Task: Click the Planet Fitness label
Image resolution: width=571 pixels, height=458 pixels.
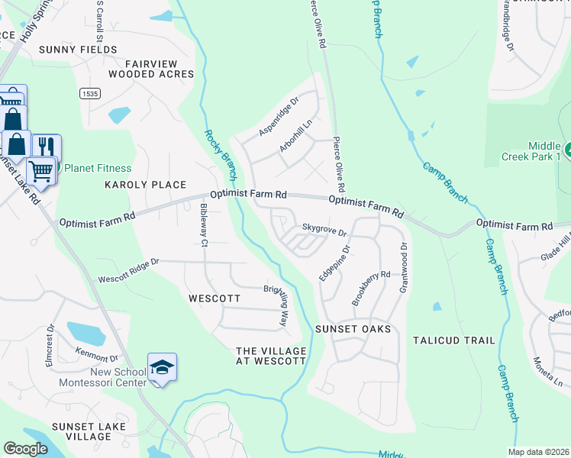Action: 97,168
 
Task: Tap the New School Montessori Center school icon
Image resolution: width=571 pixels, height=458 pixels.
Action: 162,367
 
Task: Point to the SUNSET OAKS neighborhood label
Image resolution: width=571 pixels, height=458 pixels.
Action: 353,329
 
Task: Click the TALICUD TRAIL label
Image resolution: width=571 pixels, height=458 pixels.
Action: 453,340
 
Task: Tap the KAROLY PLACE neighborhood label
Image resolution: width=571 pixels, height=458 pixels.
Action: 145,185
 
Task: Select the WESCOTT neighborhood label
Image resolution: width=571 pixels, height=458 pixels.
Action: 215,299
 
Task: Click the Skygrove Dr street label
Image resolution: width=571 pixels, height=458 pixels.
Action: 324,228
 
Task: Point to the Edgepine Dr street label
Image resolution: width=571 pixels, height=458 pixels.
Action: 334,262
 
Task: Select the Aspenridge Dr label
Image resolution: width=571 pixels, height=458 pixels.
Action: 278,117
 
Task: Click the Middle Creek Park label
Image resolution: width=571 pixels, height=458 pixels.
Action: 547,150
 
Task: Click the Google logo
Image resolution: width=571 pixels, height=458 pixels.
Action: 25,449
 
